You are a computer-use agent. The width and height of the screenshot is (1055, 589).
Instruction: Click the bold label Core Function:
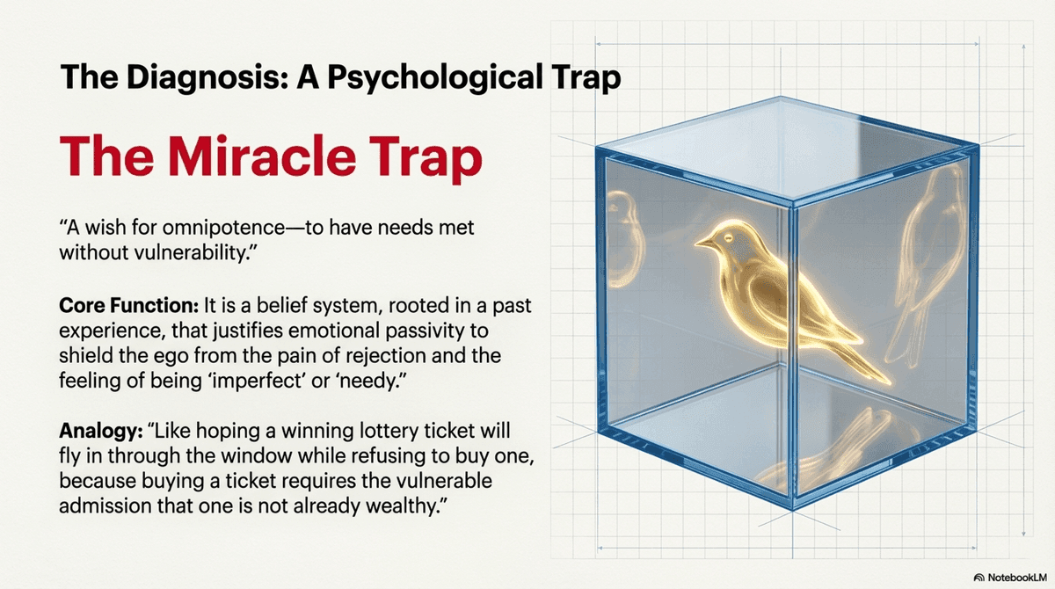pos(129,306)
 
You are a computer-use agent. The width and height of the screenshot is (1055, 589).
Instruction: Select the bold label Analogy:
pos(97,432)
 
